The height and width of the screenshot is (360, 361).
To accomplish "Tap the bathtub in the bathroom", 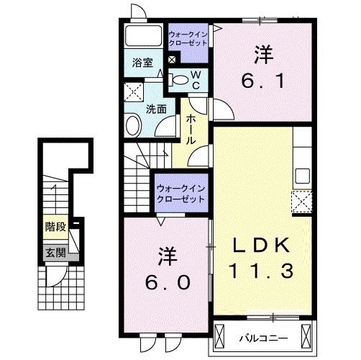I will (x=142, y=37).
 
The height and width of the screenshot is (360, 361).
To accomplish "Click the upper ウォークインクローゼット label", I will (x=188, y=37).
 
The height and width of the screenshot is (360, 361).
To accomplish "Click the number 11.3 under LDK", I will (x=262, y=273).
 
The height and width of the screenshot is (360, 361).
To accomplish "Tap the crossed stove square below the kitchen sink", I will (x=301, y=199).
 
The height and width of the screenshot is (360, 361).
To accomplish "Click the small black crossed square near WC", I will (x=172, y=60).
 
